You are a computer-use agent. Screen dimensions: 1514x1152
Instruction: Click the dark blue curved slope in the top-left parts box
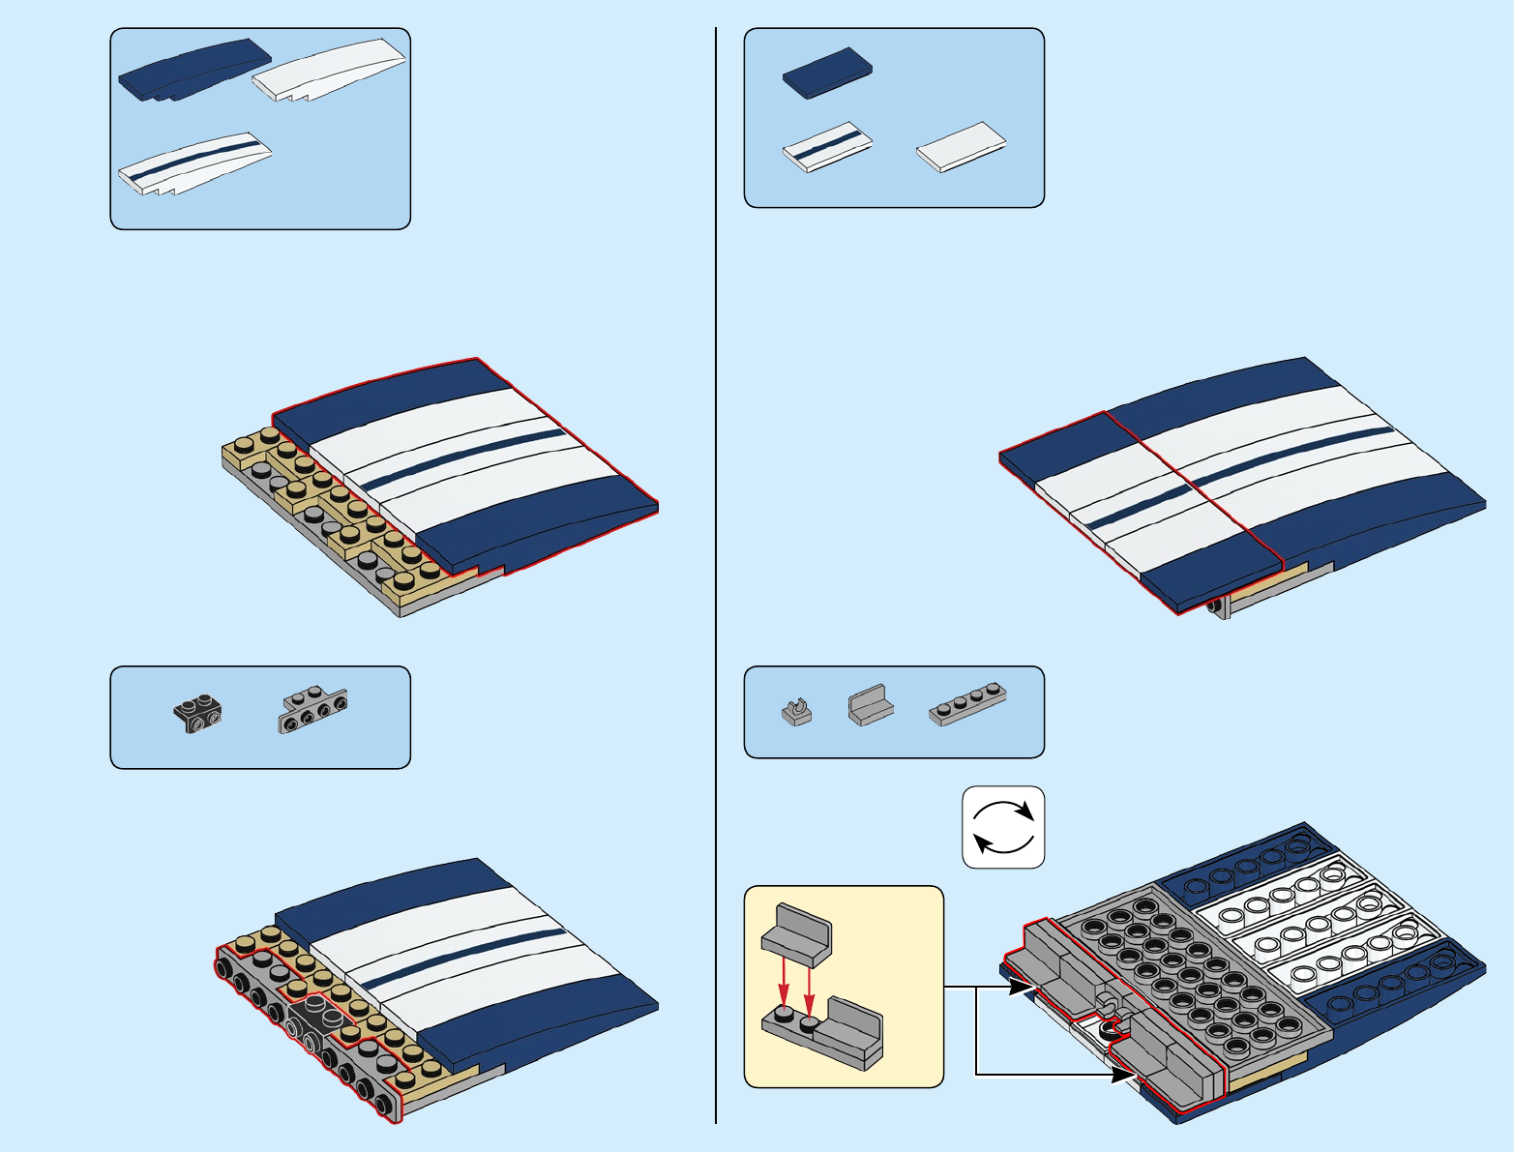click(x=193, y=70)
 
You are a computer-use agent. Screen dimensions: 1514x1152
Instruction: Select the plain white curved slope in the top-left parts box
click(x=329, y=70)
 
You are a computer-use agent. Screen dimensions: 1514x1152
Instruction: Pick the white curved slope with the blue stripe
click(x=195, y=162)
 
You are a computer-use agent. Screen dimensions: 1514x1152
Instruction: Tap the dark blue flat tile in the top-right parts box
click(x=827, y=73)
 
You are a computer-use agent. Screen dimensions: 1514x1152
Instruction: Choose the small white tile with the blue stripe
click(x=827, y=147)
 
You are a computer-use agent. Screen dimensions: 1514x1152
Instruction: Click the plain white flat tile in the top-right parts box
click(x=961, y=146)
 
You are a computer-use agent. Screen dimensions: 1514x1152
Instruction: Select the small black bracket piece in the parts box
click(x=198, y=713)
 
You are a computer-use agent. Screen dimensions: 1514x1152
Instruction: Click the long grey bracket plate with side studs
click(x=313, y=709)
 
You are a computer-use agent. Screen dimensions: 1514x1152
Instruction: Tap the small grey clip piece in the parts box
click(x=796, y=712)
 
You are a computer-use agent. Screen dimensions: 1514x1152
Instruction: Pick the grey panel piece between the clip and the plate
click(x=870, y=706)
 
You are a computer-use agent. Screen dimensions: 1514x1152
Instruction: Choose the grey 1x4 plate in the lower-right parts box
click(x=967, y=703)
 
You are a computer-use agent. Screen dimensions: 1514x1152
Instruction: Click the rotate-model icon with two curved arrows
click(x=1003, y=827)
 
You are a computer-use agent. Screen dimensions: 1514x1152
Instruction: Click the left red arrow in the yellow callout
click(x=784, y=987)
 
